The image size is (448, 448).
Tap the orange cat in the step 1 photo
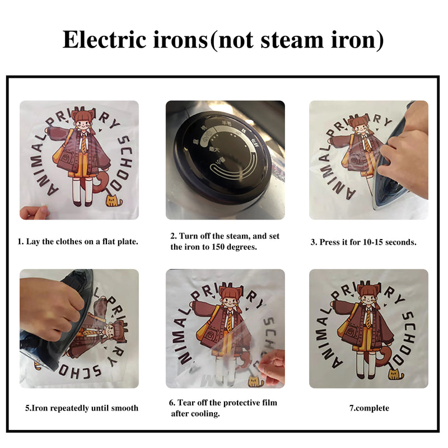pyautogui.click(x=114, y=200)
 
